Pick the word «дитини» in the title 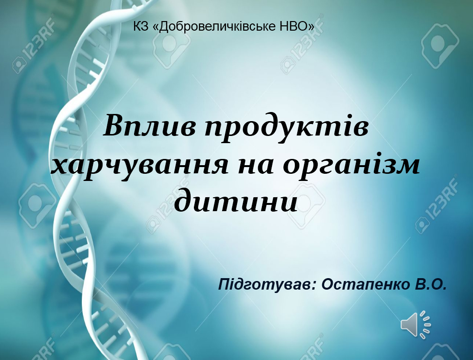click(236, 201)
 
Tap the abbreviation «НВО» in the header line click(293, 26)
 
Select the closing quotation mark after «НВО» click(310, 27)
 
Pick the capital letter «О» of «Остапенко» click(327, 284)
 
